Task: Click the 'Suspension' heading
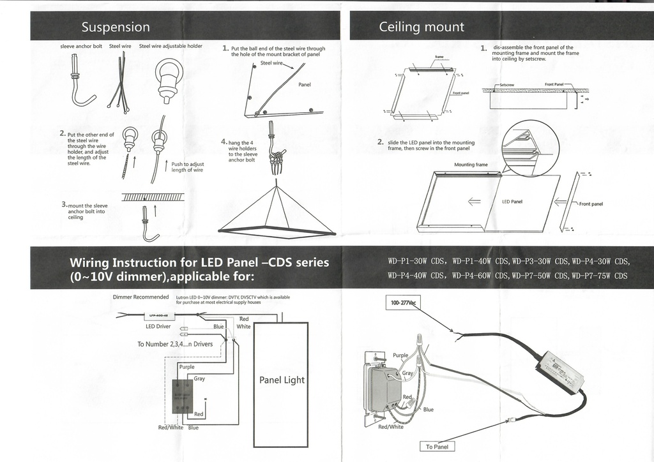coord(116,27)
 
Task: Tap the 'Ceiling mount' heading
coord(422,27)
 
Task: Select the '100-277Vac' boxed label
coord(400,302)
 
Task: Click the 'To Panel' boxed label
coord(437,447)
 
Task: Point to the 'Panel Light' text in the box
coord(282,380)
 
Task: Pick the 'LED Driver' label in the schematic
coord(158,326)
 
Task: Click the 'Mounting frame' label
coord(471,165)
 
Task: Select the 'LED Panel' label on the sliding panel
coord(512,202)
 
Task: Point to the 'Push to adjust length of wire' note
coord(187,167)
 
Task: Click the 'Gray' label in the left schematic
coord(199,378)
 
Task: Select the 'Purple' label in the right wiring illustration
coord(400,355)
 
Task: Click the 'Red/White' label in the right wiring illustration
coord(391,428)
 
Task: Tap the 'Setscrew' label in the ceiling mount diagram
coord(507,84)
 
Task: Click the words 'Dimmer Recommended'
coord(141,297)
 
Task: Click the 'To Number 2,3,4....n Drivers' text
coord(175,344)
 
